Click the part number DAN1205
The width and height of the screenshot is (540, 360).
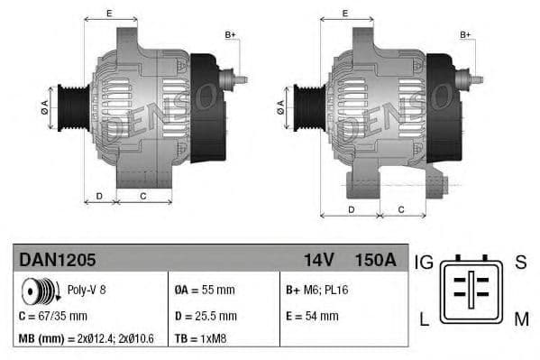58,260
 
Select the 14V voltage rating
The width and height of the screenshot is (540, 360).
318,260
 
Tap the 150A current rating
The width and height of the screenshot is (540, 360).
375,260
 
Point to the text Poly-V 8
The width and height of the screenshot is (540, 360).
86,291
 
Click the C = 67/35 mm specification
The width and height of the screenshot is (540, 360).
53,316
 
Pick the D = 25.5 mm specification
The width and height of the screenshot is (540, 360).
205,316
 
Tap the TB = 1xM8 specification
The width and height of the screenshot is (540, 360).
203,339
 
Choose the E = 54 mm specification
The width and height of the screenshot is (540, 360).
312,316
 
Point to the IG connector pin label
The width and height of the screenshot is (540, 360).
424,263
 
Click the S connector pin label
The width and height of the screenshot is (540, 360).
520,263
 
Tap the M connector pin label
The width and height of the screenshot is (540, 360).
521,318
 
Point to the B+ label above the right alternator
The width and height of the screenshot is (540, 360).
465,34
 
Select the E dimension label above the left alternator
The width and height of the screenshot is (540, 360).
109,13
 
